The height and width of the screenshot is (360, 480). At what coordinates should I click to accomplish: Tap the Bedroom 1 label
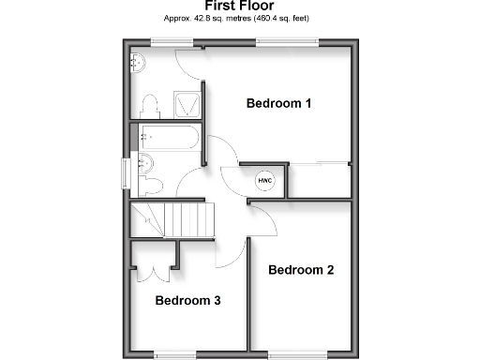pos(278,103)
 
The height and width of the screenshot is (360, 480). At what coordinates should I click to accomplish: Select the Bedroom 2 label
pos(301,270)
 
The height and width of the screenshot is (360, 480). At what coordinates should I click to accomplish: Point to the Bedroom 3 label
pos(187,301)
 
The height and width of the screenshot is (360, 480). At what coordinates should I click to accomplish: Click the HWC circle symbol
pos(265,180)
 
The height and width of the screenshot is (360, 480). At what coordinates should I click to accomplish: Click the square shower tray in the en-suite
pos(187,103)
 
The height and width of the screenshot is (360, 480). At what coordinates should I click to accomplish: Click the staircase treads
pos(192,220)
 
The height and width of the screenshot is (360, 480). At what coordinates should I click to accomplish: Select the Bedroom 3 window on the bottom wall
pos(176,353)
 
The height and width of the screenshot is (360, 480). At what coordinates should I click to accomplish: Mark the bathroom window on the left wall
pos(125,174)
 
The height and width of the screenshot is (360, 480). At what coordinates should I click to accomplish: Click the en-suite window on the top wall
pos(173,39)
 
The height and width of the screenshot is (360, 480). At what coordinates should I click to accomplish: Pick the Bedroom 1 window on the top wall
pos(288,39)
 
